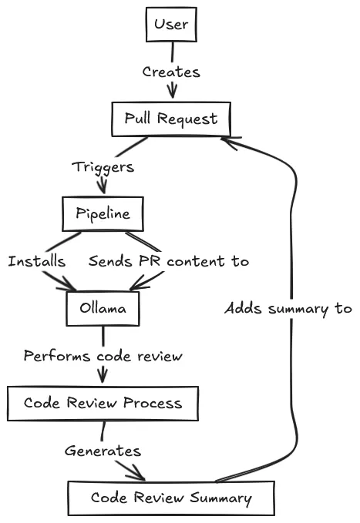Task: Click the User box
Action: tap(171, 25)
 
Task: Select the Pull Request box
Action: tap(171, 119)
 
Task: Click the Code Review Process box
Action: tap(103, 403)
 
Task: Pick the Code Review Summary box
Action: tap(170, 498)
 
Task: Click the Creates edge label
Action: tap(171, 72)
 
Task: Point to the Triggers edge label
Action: tap(103, 166)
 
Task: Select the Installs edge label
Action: tap(36, 261)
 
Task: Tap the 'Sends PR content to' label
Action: tap(168, 261)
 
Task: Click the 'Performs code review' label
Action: tap(103, 356)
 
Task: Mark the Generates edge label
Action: tap(103, 451)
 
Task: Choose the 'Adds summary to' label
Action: tap(288, 308)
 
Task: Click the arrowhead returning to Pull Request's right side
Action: tap(227, 139)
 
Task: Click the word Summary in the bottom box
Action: tap(223, 498)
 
